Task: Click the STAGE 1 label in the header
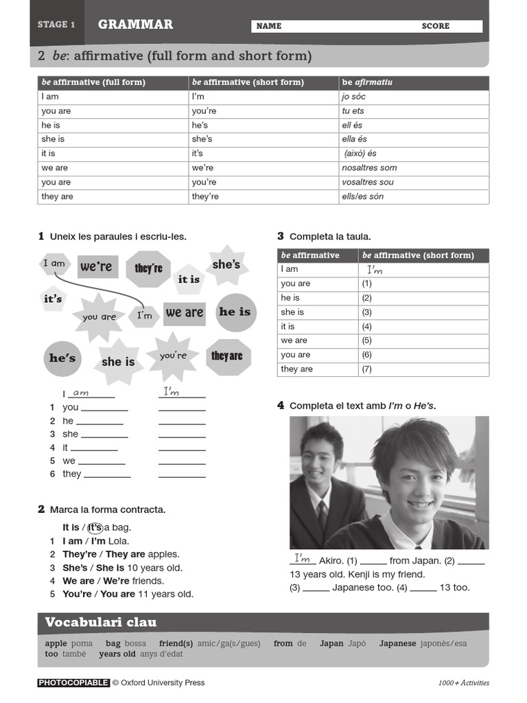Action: coord(56,25)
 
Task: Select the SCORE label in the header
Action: coord(436,26)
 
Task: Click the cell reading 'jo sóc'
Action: coord(354,97)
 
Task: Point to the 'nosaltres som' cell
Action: coord(369,168)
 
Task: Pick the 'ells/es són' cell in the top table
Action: coord(363,197)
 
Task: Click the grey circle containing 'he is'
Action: coord(235,312)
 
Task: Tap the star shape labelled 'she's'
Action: coord(226,266)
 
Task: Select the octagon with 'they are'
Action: coord(227,356)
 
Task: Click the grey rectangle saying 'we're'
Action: coord(96,266)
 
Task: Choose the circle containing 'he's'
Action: coord(62,358)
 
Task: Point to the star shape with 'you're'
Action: coord(173,356)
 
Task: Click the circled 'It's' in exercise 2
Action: coord(95,527)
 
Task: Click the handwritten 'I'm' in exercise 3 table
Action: coord(375,270)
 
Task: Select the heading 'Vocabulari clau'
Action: coord(101,623)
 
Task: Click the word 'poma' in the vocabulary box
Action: coord(82,644)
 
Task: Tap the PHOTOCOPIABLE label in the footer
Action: coord(73,683)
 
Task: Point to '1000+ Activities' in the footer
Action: coord(464,683)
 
